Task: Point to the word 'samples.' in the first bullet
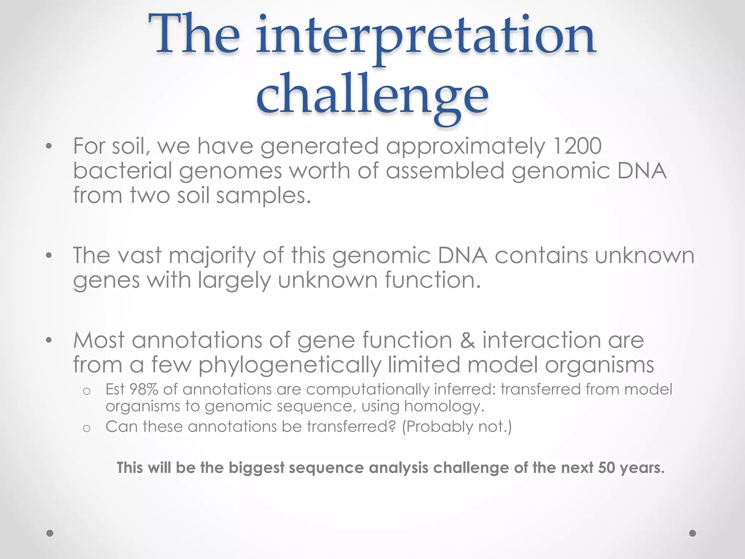(264, 196)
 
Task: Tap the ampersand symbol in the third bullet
(467, 340)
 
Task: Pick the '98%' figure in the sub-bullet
(144, 389)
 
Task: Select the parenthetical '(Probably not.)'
(457, 427)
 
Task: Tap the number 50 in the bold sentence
(606, 468)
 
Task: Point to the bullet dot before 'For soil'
(49, 147)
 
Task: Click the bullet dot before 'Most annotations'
(49, 341)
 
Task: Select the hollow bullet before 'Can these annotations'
(86, 428)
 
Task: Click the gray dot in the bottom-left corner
(50, 533)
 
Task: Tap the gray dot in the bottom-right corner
(693, 533)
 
